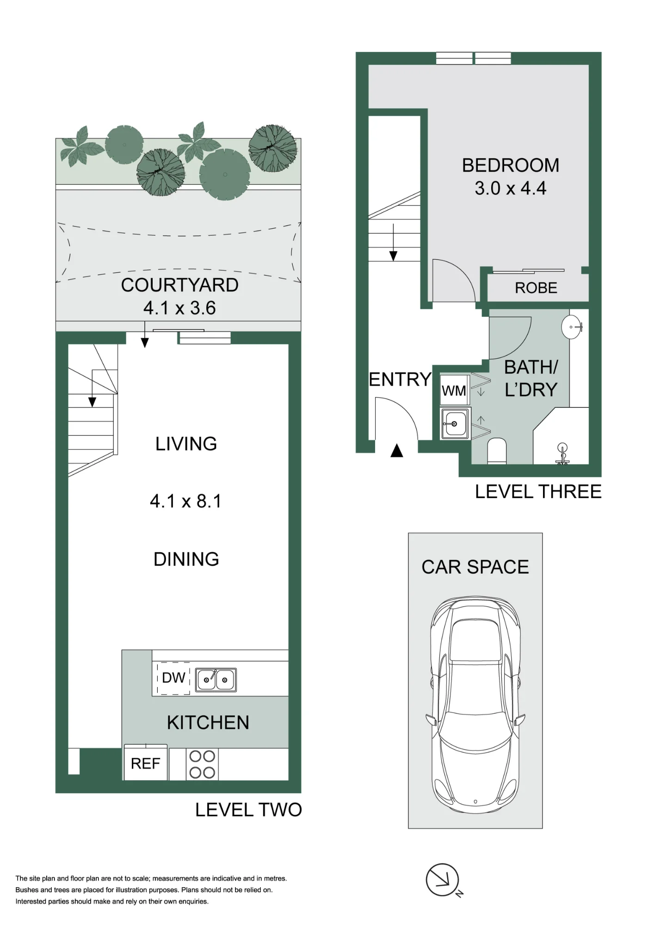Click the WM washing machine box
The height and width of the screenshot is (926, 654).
tap(454, 390)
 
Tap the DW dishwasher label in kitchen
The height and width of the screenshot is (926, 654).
tap(173, 678)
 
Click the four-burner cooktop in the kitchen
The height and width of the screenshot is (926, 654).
tap(202, 764)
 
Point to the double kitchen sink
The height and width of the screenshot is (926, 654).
tap(216, 680)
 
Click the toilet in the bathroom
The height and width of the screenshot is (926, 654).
tap(497, 450)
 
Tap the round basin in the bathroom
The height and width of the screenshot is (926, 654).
tap(572, 327)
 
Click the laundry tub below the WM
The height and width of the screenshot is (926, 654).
tap(455, 423)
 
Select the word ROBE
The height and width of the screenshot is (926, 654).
tap(536, 288)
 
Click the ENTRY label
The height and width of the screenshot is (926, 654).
tap(400, 380)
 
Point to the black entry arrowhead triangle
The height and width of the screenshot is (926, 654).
tap(396, 450)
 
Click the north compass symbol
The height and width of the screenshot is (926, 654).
tap(443, 880)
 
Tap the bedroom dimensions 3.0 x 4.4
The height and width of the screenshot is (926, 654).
tap(511, 188)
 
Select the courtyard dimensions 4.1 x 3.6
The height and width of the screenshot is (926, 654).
tap(179, 308)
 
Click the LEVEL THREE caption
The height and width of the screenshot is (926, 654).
tap(538, 492)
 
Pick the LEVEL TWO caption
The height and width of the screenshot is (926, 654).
tap(248, 810)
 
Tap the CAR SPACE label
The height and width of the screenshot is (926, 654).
tap(475, 567)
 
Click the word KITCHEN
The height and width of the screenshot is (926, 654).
tap(208, 723)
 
